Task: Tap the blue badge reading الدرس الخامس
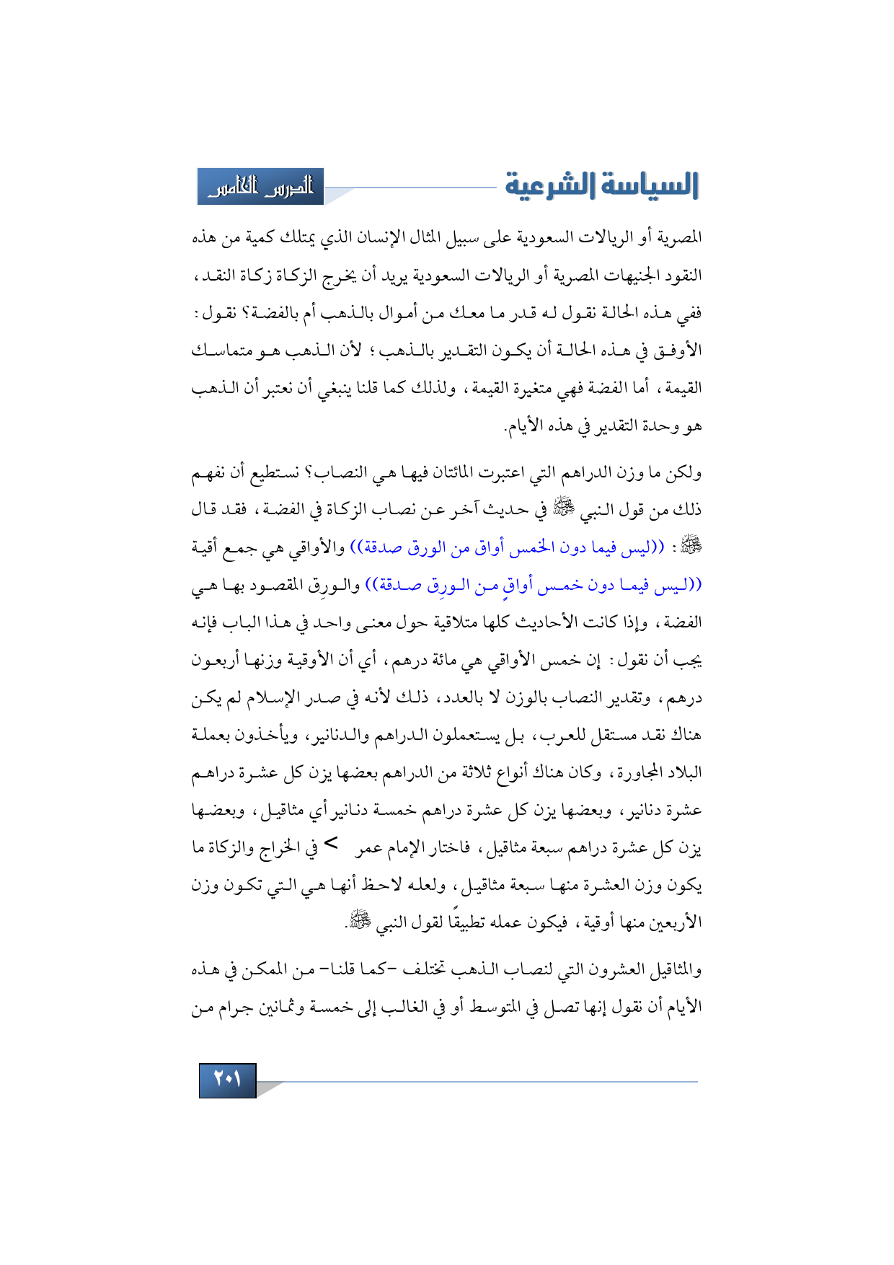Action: pyautogui.click(x=260, y=188)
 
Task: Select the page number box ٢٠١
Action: pyautogui.click(x=227, y=1080)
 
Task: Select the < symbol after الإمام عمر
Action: pyautogui.click(x=331, y=842)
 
